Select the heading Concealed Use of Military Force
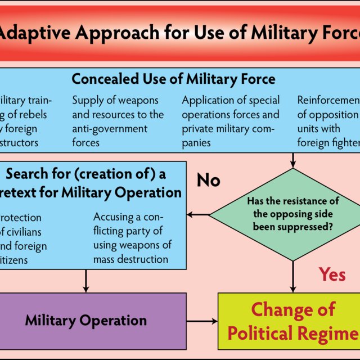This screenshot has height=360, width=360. (173, 79)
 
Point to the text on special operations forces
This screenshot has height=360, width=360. (231, 121)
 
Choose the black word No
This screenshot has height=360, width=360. (208, 181)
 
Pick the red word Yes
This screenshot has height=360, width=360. (332, 274)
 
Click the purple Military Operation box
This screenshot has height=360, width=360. (86, 321)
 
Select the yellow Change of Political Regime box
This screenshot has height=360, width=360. (289, 321)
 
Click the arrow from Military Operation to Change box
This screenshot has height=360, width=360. (202, 321)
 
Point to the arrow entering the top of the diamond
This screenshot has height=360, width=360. (292, 160)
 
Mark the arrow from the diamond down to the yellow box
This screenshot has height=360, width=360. (292, 277)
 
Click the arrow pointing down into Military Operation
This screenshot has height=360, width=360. (86, 280)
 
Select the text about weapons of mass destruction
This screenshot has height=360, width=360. (132, 238)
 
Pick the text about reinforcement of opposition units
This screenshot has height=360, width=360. (328, 121)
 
